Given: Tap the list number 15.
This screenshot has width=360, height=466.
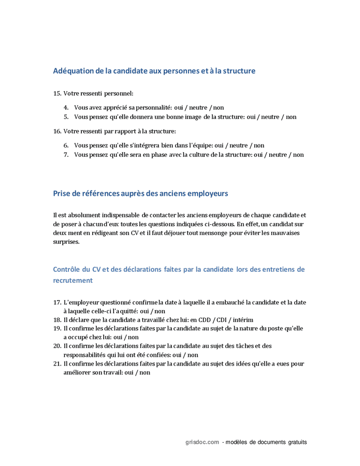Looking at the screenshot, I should point(57,93).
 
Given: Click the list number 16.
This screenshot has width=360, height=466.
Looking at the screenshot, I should point(57,131).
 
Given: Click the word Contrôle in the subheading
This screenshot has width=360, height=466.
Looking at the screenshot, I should point(67,269).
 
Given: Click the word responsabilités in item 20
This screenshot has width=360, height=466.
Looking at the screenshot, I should point(86,355).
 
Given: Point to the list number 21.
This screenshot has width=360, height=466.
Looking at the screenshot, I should point(57,363).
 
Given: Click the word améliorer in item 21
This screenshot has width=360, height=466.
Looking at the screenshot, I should point(77,372).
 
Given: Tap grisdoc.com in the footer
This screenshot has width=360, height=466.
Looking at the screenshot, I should point(202,442).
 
